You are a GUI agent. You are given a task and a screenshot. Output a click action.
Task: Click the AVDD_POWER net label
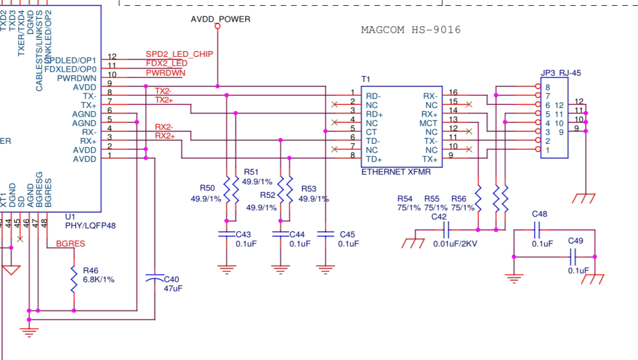click(x=220, y=19)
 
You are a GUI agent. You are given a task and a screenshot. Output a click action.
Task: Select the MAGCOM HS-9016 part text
click(x=411, y=30)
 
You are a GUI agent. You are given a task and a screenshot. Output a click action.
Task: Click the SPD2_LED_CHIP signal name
click(x=179, y=54)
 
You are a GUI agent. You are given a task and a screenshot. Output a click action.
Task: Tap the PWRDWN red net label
click(x=165, y=73)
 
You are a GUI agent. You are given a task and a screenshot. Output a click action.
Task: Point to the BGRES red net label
click(x=70, y=243)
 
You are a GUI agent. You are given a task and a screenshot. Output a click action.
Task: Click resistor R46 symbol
click(x=74, y=279)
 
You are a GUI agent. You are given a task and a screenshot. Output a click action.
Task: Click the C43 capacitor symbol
click(x=227, y=234)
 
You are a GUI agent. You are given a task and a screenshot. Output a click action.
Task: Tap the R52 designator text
click(x=267, y=195)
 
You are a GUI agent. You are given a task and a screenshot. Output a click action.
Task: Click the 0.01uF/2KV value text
click(x=455, y=244)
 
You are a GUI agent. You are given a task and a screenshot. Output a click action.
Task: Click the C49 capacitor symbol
click(x=574, y=257)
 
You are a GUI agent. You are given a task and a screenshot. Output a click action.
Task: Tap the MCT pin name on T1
click(x=428, y=123)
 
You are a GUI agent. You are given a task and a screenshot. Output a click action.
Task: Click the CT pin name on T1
click(x=371, y=132)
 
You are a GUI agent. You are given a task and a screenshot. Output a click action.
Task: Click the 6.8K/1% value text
click(x=99, y=280)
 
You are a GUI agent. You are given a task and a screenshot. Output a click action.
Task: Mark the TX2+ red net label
click(x=164, y=100)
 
